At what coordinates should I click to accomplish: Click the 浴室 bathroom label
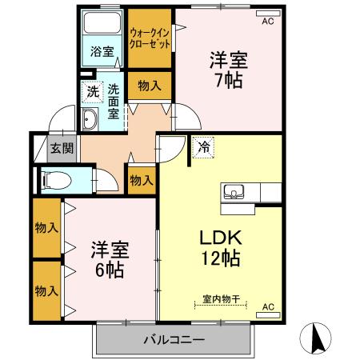(102, 52)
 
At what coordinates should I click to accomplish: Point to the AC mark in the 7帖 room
(267, 22)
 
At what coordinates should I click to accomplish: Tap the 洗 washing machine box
(94, 92)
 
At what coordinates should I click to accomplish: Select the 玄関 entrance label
(61, 147)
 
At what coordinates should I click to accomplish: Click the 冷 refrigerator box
(202, 148)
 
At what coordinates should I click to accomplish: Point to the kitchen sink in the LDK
(234, 191)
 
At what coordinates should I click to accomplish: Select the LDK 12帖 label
(215, 248)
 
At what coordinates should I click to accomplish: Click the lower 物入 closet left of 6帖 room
(46, 286)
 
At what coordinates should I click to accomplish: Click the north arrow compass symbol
(318, 338)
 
